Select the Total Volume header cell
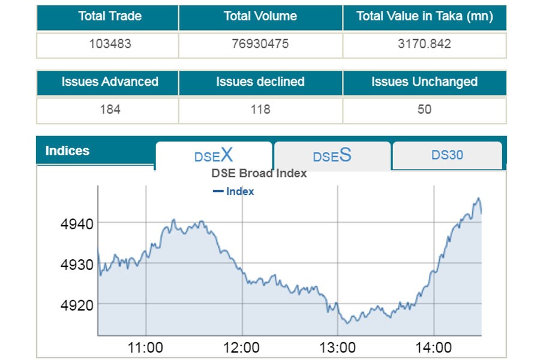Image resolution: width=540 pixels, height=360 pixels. pos(260,16)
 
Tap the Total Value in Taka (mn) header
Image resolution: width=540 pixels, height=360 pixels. pos(424,16)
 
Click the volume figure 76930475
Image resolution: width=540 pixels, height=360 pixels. pos(260,44)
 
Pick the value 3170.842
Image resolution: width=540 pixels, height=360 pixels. pos(424,44)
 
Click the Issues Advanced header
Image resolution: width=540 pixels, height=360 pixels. pos(109,82)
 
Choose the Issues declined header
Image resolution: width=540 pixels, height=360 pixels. pos(260,82)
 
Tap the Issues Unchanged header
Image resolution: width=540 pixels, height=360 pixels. pos(424,82)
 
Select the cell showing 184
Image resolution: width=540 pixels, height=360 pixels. pos(110,110)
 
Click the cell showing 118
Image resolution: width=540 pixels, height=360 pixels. pos(260,110)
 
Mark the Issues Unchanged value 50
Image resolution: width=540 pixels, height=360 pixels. pos(424,110)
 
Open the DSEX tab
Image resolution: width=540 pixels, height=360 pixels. pos(214,155)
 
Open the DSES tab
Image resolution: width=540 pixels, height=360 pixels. pos(332,156)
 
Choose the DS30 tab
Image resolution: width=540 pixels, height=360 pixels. pos(447,155)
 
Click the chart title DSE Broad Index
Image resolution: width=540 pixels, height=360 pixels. pos(259,173)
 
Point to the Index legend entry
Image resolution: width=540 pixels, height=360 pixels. pos(234,191)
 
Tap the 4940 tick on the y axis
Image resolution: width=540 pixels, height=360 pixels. pos(77,224)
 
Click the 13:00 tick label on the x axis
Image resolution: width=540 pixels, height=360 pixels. pos(337,347)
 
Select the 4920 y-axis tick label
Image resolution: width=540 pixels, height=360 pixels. pos(77,305)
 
